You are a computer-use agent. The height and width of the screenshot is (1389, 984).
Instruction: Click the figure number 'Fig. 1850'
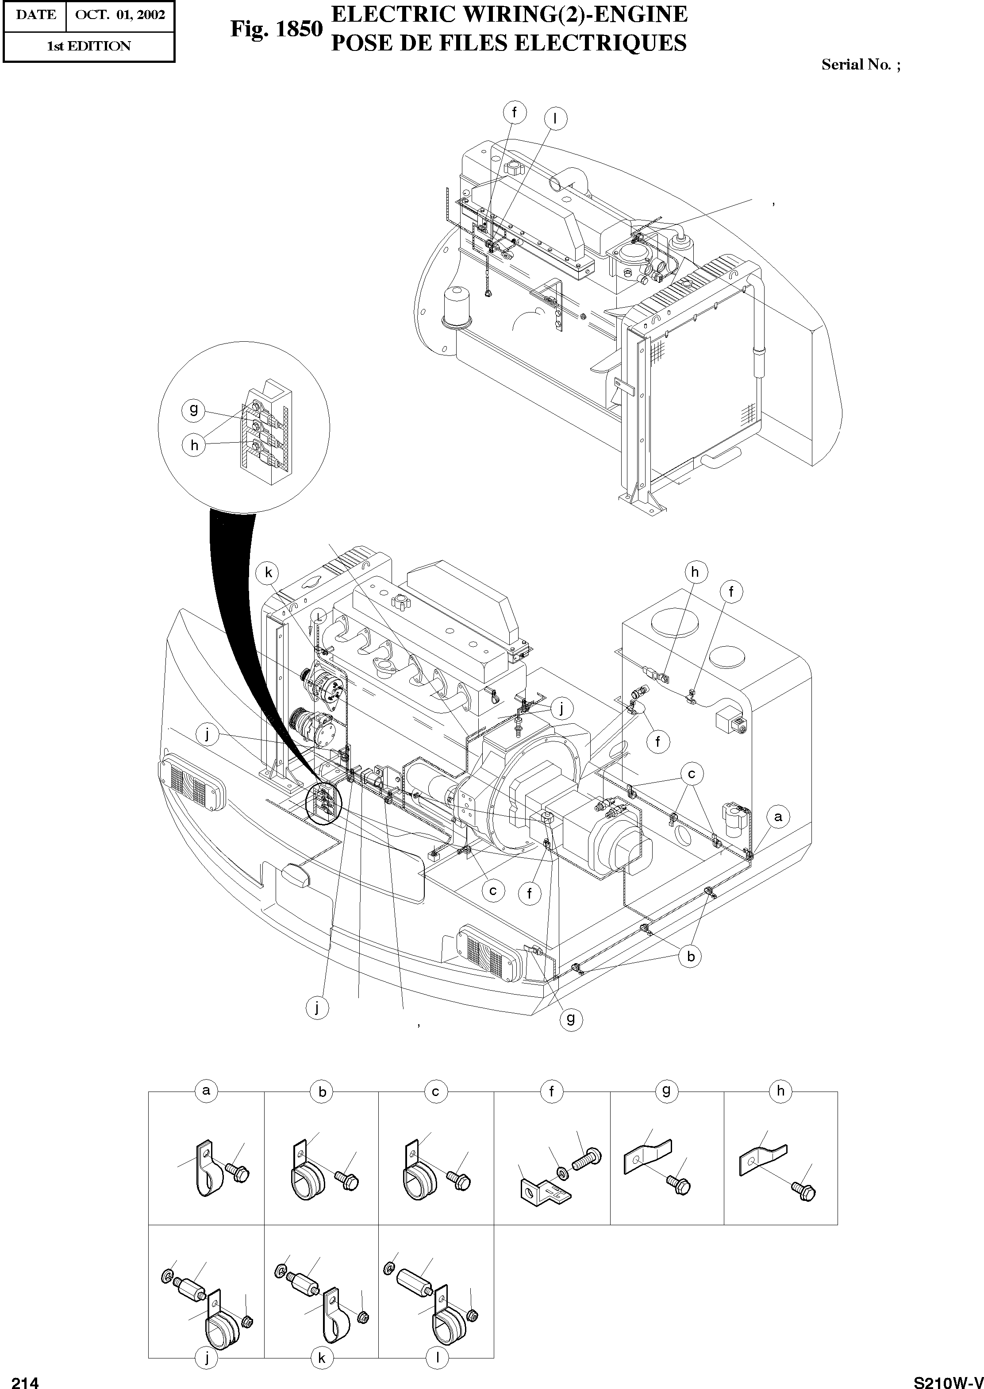276,29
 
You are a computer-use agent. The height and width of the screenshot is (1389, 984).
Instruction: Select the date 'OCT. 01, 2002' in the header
120,15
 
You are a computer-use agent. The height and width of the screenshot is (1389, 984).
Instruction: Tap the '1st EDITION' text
88,46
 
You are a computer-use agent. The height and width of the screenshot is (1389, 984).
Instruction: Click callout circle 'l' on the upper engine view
554,119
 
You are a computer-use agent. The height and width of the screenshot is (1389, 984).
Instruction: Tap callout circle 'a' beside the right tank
778,816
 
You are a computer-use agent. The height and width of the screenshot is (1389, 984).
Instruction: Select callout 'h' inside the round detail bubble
194,445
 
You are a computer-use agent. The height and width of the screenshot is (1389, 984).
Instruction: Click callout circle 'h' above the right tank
695,572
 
